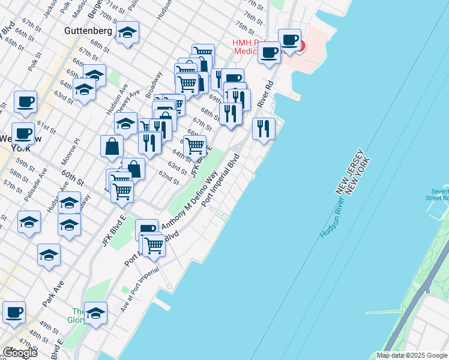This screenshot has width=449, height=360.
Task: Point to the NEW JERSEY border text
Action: coord(349,171)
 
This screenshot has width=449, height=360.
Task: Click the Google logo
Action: coord(20,353)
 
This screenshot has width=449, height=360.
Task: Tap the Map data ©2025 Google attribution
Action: coord(412,355)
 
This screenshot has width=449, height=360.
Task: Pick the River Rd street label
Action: coord(265,94)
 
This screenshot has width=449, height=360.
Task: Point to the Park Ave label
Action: coord(53,294)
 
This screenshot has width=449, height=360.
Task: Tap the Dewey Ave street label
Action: coord(136,101)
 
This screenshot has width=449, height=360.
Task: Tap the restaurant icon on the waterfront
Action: coord(264,128)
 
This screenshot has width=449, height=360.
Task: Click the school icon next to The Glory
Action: coord(95,313)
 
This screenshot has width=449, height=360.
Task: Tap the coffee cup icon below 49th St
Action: coord(14,312)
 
